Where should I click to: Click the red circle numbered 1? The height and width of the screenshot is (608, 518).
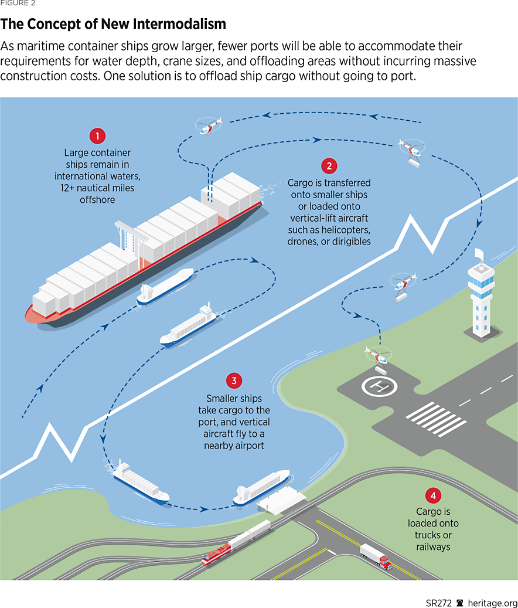coord(97,137)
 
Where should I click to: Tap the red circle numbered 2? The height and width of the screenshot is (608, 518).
coord(329,166)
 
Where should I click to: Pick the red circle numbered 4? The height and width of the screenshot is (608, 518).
coord(433,497)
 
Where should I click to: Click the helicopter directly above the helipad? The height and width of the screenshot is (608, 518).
coord(377,355)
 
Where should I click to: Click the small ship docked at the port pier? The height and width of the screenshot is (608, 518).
coord(261,487)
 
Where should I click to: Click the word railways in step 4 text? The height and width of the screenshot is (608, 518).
coord(433,546)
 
